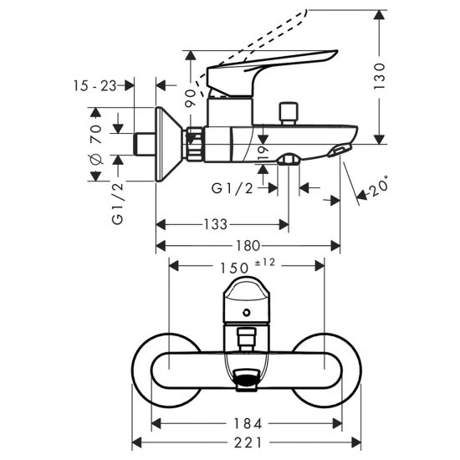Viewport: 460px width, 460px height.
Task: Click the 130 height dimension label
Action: pos(380,76)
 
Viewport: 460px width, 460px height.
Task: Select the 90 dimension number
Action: pos(191,99)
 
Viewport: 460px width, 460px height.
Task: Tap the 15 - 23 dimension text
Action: pos(95,86)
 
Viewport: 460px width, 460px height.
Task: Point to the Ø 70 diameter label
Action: pos(96,144)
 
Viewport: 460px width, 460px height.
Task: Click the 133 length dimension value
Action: pos(216,224)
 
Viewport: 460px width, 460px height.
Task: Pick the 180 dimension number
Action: pos(248,246)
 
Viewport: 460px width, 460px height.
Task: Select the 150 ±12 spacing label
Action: pos(248,266)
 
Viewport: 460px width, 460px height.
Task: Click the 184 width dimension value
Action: pos(248,424)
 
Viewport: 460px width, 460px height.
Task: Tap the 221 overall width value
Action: pos(248,442)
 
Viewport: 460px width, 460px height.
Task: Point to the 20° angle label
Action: pos(378,187)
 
